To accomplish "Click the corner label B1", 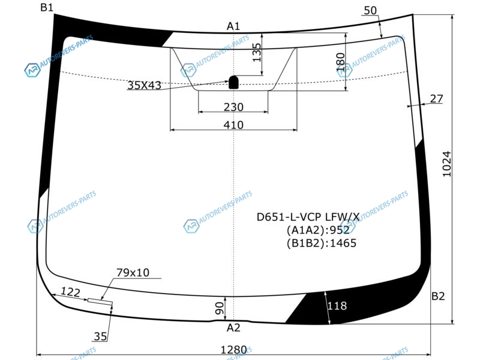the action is click(x=47, y=7).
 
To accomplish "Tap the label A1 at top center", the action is click(x=233, y=26).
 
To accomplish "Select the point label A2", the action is click(x=233, y=328).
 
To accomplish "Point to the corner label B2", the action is click(x=438, y=296).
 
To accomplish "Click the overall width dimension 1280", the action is click(x=233, y=350).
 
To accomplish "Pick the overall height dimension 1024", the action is click(x=447, y=164).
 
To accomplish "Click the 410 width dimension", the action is click(x=233, y=125).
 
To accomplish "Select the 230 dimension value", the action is click(x=233, y=107).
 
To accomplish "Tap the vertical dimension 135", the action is click(x=257, y=53).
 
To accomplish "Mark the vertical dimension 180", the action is click(x=340, y=62).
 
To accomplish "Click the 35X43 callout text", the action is click(x=144, y=85).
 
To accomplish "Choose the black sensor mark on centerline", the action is click(x=233, y=82).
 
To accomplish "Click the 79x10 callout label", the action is click(x=133, y=272).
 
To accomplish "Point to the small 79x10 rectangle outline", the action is click(x=100, y=302).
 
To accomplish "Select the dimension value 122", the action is click(x=70, y=292).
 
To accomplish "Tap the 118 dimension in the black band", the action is click(x=337, y=305).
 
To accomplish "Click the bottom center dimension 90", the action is click(x=220, y=308).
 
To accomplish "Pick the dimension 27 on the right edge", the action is click(x=436, y=98).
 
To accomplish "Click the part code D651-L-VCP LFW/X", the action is click(x=308, y=217).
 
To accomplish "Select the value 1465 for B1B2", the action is click(x=343, y=243).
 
